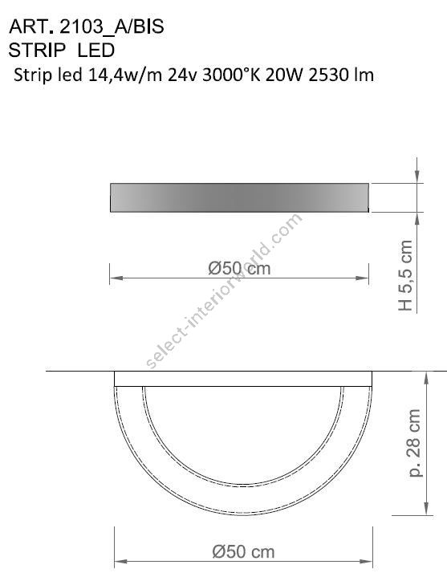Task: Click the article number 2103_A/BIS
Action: click(x=107, y=27)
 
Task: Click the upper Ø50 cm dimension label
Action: click(x=238, y=269)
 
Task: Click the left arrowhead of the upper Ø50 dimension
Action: click(x=113, y=278)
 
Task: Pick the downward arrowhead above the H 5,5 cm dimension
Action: click(x=417, y=178)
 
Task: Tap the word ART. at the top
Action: click(x=25, y=27)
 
